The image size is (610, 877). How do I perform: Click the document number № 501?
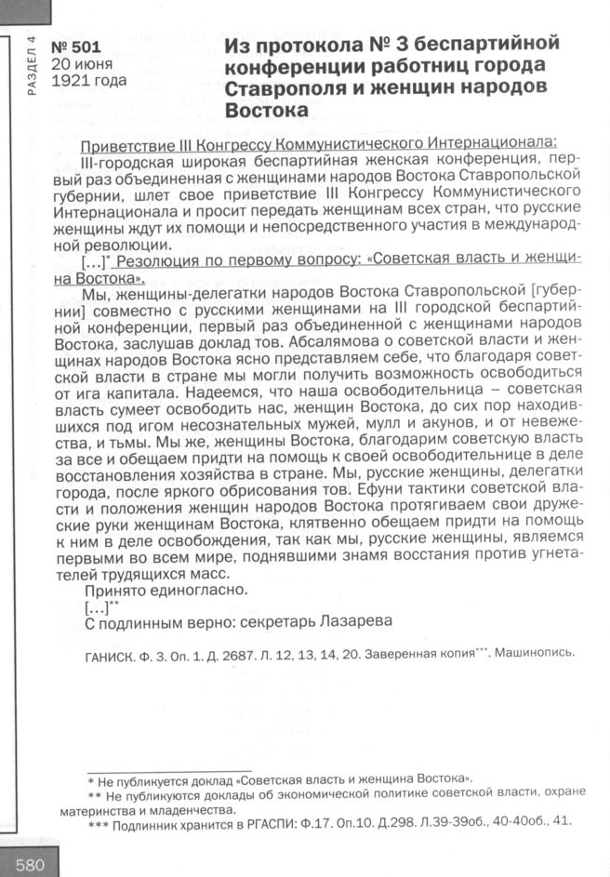[x=75, y=47]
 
